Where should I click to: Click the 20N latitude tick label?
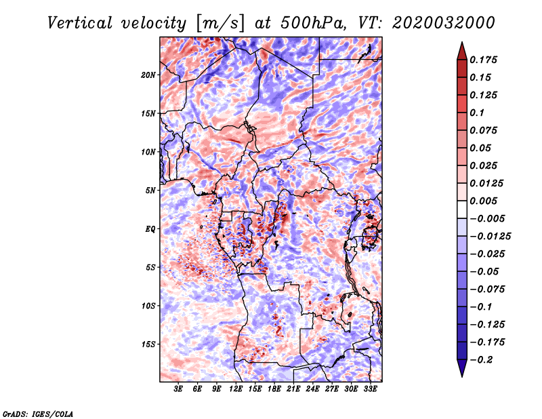pos(148,75)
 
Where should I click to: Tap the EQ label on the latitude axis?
pos(150,229)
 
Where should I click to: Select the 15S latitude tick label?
pos(148,344)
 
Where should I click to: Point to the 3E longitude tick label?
pos(178,389)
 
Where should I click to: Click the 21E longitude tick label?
pos(293,389)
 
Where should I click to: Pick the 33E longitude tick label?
pos(370,389)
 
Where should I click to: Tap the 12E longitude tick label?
pos(236,389)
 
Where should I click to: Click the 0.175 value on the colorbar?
pos(483,60)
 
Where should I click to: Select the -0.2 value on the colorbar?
pos(481,360)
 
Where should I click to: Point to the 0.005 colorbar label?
pos(483,201)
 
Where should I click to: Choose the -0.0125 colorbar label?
pos(490,237)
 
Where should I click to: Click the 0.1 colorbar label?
pos(477,113)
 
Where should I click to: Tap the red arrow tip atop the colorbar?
pos(462,42)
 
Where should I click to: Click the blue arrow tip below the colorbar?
pos(462,376)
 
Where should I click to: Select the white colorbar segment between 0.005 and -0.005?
pos(462,209)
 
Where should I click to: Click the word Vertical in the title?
pos(80,23)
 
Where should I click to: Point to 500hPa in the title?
pos(313,23)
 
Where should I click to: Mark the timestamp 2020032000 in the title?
pos(444,23)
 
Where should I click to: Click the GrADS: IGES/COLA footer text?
pos(38,414)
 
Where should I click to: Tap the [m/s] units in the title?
pos(220,24)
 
